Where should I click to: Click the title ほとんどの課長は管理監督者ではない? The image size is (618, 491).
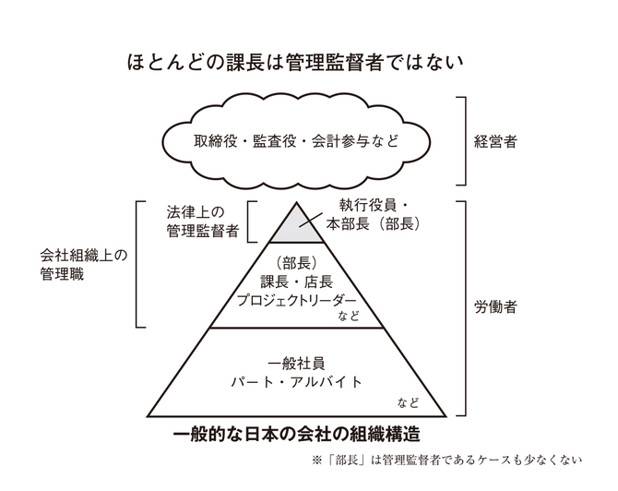[x=295, y=63]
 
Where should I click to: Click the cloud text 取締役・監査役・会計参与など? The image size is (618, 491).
[x=296, y=141]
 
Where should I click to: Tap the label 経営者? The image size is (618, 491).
[x=495, y=141]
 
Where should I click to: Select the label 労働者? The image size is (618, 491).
[x=495, y=307]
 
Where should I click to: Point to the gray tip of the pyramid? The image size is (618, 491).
[x=297, y=228]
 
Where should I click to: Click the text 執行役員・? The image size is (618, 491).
[x=373, y=206]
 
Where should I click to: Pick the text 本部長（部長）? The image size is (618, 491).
[x=373, y=224]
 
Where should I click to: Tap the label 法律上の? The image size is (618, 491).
[x=196, y=212]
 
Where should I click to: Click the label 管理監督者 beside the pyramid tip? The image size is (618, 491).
[x=203, y=231]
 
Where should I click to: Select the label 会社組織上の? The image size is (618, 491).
[x=84, y=256]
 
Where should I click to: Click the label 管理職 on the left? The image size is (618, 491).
[x=62, y=274]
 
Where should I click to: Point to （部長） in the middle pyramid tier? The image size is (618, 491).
[x=296, y=263]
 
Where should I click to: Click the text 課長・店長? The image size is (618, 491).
[x=296, y=281]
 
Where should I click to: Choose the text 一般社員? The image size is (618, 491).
[x=296, y=364]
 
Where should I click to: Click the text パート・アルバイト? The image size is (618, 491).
[x=296, y=382]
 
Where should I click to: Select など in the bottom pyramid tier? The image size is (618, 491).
[x=409, y=403]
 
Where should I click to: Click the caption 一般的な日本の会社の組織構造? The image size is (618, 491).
[x=296, y=434]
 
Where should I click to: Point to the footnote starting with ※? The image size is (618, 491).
[x=446, y=461]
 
